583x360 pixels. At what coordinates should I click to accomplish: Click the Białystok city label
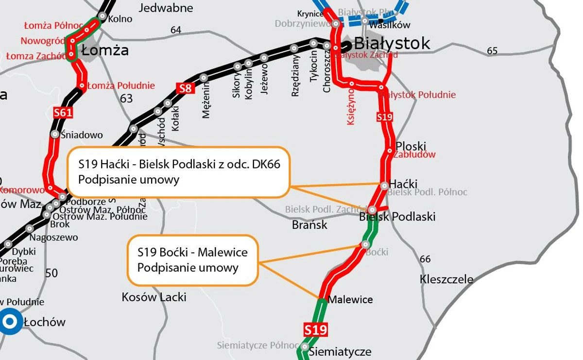click(x=392, y=43)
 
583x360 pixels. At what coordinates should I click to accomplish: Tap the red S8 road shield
click(x=185, y=88)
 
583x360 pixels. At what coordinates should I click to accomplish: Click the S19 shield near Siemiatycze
click(x=315, y=330)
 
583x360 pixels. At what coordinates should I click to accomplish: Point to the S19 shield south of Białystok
click(x=384, y=117)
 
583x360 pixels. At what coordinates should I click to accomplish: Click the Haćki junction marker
click(x=384, y=185)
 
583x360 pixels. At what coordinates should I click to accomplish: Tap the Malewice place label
click(x=350, y=299)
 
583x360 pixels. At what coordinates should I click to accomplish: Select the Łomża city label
click(x=105, y=50)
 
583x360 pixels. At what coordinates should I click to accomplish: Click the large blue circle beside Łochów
click(x=10, y=321)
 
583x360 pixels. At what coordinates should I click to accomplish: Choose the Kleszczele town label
click(x=446, y=279)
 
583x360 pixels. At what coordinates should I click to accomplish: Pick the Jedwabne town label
click(x=166, y=8)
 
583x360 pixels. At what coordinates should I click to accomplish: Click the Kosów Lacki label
click(x=154, y=296)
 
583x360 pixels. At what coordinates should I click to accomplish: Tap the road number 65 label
click(x=492, y=51)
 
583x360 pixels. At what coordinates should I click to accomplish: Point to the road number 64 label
click(x=176, y=30)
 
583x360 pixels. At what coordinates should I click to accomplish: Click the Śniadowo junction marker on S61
click(x=55, y=134)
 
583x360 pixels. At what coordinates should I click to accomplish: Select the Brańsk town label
click(x=309, y=225)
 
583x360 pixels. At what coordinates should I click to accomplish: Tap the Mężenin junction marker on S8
click(x=204, y=78)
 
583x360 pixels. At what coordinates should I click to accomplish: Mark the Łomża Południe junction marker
click(x=82, y=86)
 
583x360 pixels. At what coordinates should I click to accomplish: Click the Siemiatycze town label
click(x=340, y=352)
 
